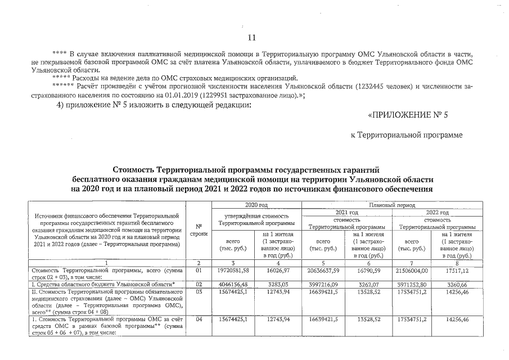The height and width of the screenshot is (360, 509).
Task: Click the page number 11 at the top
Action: pyautogui.click(x=251, y=38)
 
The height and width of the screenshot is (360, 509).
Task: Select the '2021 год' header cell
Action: pyautogui.click(x=346, y=213)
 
